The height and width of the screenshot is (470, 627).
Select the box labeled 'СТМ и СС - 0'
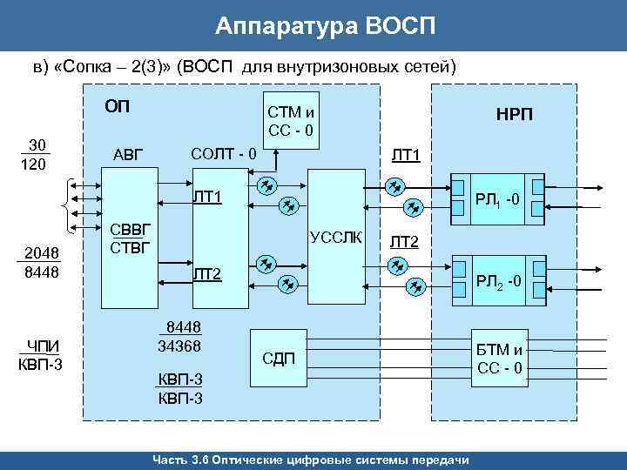coord(291,123)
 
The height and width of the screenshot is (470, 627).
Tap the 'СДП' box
coord(279,358)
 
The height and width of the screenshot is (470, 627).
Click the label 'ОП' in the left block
coord(116,107)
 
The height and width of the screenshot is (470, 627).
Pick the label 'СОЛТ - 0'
coord(223,154)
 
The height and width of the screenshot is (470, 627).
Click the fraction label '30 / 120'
coord(37,154)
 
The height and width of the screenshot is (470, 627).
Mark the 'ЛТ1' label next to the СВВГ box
coord(207,196)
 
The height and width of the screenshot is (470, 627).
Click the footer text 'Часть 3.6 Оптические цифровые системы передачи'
coord(310,460)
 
